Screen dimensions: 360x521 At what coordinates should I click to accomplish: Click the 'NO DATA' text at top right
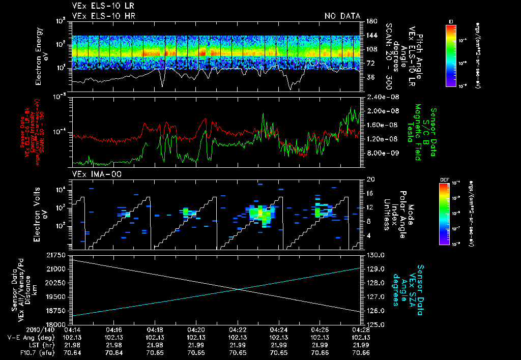(342, 16)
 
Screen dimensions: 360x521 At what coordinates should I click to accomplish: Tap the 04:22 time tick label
(238, 329)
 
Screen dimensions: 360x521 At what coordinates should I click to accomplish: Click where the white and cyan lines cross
(239, 289)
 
